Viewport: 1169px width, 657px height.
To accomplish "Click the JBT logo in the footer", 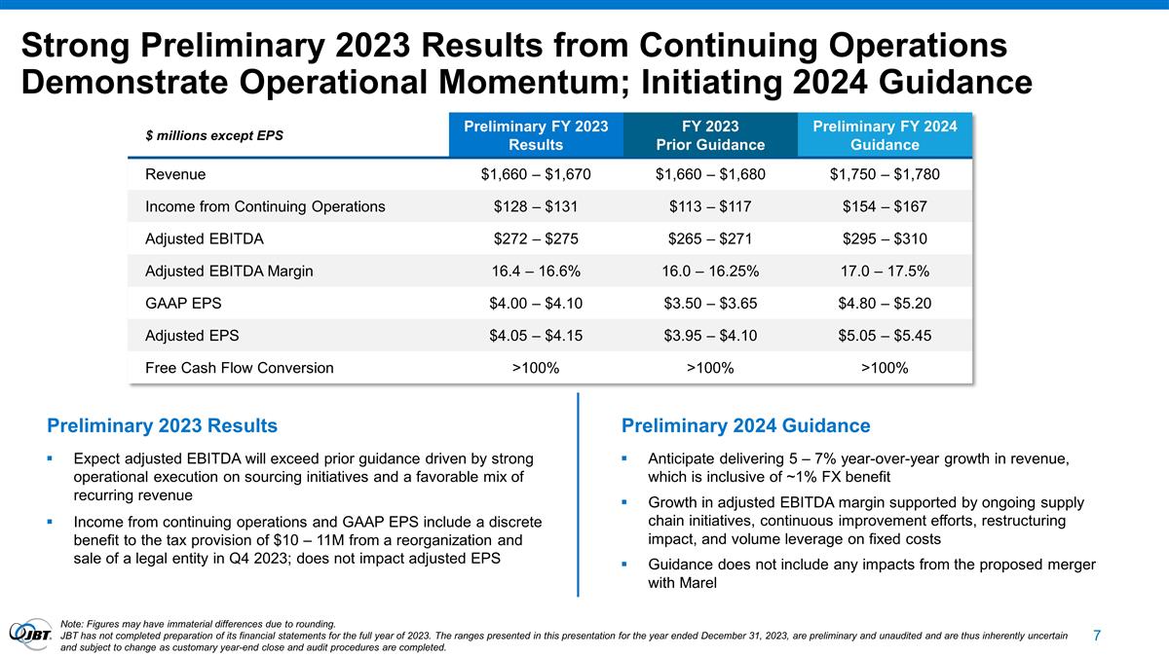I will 30,634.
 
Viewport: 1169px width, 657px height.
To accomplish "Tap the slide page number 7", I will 1097,636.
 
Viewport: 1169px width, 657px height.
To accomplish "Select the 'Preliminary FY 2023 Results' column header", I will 536,135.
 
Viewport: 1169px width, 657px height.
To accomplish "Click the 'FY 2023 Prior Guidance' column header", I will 710,135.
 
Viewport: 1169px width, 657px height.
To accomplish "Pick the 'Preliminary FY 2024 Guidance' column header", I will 886,135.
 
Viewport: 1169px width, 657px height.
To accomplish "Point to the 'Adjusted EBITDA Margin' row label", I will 229,272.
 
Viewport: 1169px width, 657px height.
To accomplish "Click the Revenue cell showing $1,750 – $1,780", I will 886,175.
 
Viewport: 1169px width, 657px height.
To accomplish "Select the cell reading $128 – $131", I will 536,207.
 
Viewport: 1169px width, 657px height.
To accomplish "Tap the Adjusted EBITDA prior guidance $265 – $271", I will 710,239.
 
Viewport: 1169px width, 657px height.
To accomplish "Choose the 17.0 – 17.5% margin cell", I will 886,272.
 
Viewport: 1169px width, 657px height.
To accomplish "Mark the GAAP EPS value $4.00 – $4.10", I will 536,304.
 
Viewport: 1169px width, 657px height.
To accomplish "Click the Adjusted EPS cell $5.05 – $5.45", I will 886,336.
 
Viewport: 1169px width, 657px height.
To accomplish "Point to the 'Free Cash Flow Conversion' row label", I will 239,368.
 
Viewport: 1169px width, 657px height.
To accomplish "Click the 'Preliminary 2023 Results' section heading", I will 162,426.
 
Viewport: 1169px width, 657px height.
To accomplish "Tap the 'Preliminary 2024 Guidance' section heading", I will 745,426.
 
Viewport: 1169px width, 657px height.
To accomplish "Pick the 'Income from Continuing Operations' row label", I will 265,207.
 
